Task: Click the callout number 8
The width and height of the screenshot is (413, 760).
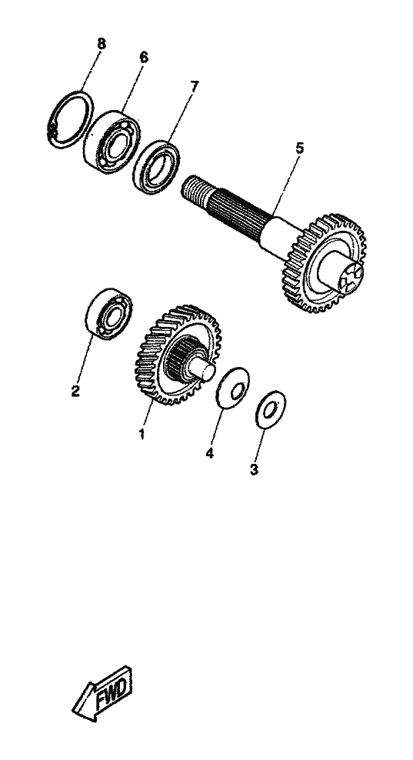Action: (x=101, y=44)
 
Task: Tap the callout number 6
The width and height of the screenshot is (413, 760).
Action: (x=143, y=57)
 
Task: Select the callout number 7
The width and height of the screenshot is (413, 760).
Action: (x=194, y=87)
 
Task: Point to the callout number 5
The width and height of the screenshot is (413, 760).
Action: (x=300, y=148)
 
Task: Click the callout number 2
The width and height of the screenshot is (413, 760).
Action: (x=75, y=391)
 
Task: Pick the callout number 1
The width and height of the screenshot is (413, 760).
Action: (x=142, y=434)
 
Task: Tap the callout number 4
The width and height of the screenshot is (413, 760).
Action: (x=209, y=453)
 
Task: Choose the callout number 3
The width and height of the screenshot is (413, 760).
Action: (x=254, y=469)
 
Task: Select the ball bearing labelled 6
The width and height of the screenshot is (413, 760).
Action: (x=112, y=142)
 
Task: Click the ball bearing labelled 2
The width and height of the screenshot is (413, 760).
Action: (x=109, y=314)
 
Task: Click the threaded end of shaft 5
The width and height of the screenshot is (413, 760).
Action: (x=195, y=190)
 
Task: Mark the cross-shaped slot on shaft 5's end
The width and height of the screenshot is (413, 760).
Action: (x=351, y=277)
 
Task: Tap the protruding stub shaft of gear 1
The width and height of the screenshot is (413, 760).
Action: (x=202, y=368)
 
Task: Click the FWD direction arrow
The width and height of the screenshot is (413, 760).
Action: (x=103, y=693)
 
